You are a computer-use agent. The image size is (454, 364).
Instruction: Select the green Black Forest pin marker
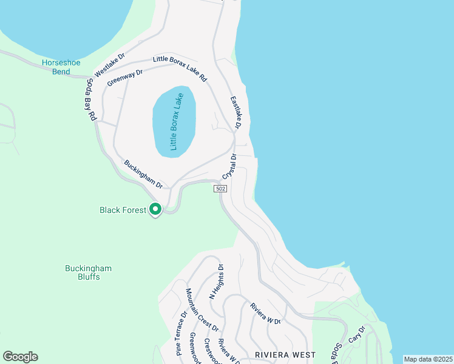[x=155, y=209]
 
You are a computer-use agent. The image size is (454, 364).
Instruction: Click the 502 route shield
[x=220, y=189]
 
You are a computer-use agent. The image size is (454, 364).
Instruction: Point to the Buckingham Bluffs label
[x=89, y=272]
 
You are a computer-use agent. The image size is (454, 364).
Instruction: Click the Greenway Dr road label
[x=124, y=78]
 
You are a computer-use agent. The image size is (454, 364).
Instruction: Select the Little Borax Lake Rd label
[x=180, y=69]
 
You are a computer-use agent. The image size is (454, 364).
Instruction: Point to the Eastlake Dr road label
[x=235, y=112]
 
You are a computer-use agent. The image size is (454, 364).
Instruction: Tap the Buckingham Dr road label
[x=144, y=174]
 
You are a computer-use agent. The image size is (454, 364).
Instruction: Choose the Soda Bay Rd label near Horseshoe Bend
[x=92, y=98]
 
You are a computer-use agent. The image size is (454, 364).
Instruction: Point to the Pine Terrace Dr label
[x=181, y=333]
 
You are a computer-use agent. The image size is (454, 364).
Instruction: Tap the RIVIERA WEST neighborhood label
[x=285, y=354]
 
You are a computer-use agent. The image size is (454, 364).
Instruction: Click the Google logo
[x=20, y=357]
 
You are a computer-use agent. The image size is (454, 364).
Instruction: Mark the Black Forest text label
[x=123, y=211]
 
